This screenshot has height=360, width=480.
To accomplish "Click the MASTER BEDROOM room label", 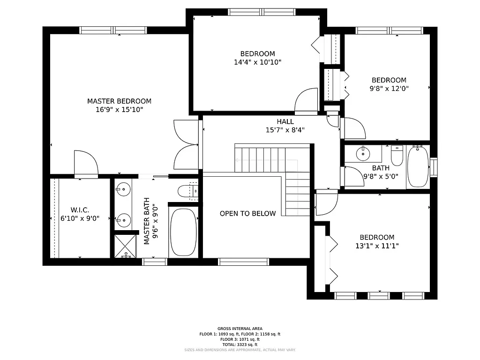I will (119, 101).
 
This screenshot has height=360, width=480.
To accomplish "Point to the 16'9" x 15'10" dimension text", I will (119, 110).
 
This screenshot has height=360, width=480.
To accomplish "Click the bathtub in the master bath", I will (183, 232).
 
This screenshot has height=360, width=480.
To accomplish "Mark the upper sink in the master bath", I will (123, 189).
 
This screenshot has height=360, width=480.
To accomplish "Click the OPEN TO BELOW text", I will (247, 214).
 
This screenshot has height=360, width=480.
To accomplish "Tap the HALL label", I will (285, 121).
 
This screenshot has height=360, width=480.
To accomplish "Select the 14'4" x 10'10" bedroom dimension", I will (257, 62).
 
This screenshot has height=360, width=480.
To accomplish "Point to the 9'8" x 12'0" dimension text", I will (389, 88).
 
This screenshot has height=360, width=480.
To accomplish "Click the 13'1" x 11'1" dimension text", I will (377, 246).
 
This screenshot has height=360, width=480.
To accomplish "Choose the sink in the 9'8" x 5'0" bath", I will (363, 153).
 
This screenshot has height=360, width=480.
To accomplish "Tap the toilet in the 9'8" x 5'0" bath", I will (397, 157).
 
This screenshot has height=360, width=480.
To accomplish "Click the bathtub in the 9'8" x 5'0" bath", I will (417, 166).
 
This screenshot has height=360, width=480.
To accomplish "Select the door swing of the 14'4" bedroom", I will (304, 101).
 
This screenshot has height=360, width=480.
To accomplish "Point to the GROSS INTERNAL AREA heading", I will (240, 329).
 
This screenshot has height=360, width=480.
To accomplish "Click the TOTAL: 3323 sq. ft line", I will (240, 345).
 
